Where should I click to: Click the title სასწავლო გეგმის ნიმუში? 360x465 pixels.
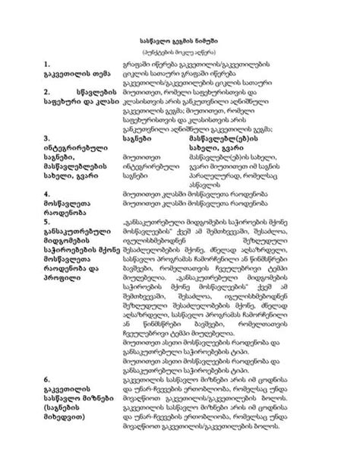pos(179,36)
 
